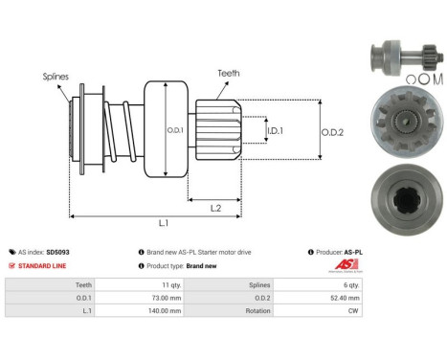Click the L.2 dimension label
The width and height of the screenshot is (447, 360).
216,206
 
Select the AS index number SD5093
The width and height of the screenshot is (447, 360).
58,252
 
